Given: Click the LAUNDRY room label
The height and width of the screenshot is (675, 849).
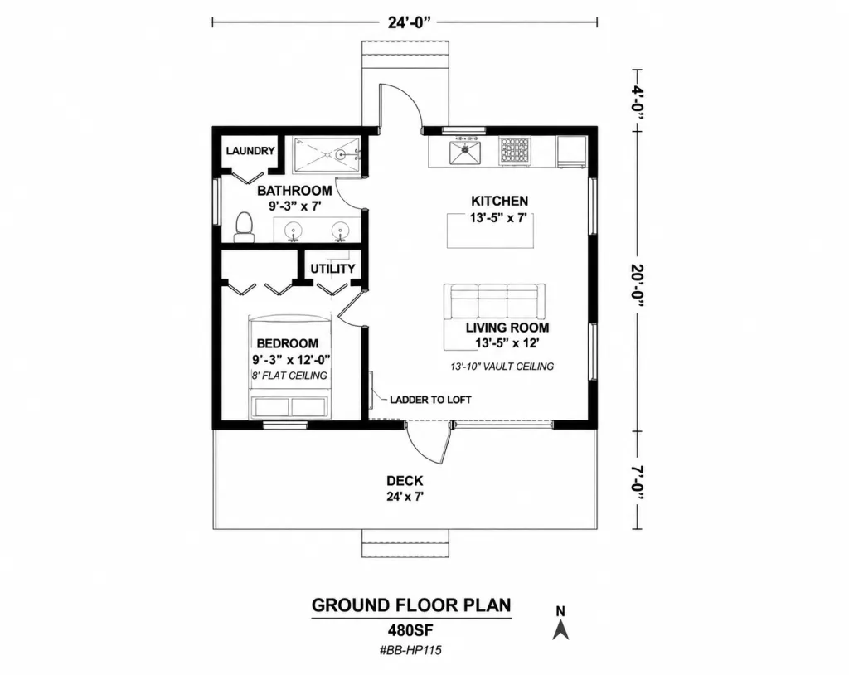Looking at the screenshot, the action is [x=250, y=151].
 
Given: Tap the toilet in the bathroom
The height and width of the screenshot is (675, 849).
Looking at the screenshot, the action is [x=244, y=227].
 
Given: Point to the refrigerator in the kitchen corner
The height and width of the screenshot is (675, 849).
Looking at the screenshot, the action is [x=571, y=151].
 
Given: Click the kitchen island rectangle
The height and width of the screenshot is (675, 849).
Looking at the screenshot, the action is [x=490, y=231].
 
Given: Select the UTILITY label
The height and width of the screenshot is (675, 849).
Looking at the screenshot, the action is [x=332, y=269].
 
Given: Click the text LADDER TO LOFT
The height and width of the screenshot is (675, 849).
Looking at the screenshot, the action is [x=430, y=400].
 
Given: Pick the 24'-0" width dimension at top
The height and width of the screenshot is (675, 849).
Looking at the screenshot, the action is [x=410, y=22].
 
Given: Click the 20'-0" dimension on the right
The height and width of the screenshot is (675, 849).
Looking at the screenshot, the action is [x=638, y=288].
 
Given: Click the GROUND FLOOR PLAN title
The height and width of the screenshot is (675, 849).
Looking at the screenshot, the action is [x=411, y=605].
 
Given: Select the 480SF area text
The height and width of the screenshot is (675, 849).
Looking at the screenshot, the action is [x=410, y=630].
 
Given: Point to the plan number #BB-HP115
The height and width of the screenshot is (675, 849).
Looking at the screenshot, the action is [x=410, y=650].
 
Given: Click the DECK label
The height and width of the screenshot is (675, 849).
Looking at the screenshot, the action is [x=405, y=480].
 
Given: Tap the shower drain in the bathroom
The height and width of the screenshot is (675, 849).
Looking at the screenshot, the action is [x=341, y=155].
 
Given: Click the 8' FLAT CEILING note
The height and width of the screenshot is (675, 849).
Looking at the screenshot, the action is [x=289, y=376].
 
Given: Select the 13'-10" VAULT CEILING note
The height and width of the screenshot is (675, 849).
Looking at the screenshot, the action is [x=502, y=367].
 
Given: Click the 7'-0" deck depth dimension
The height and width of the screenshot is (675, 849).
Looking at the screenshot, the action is [x=638, y=483].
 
